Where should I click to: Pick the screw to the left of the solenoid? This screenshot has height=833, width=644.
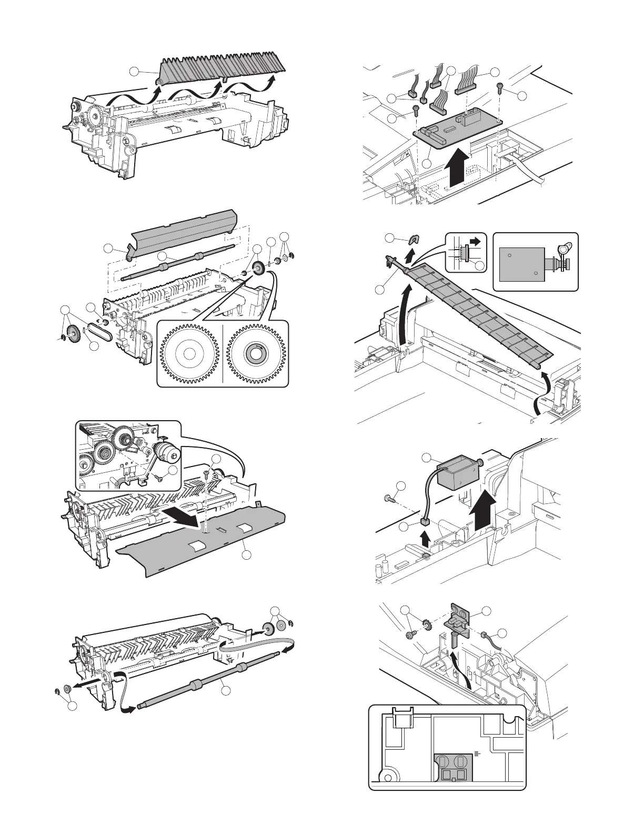(387, 498)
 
